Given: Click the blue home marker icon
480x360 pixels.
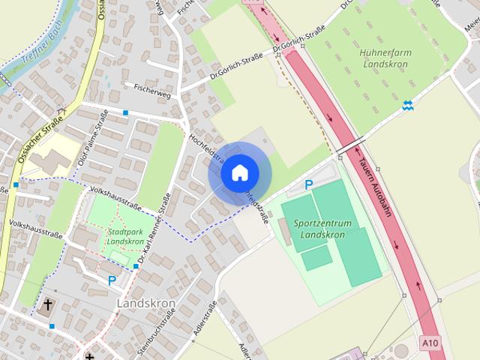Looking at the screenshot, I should [239, 173].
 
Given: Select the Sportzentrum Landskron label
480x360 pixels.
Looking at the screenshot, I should [320, 229].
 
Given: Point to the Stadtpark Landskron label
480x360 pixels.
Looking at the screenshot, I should [125, 237].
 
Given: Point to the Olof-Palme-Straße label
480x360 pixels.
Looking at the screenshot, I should [92, 139].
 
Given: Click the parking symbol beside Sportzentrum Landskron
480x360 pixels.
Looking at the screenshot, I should [308, 184].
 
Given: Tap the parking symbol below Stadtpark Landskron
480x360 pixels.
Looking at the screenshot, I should [112, 280].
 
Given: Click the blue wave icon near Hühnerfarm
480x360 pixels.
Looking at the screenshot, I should [407, 105].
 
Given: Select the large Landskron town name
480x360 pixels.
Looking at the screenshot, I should [145, 304].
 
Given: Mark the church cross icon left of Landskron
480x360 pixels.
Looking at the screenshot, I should [48, 304].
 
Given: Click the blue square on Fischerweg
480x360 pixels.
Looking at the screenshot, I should [126, 112].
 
